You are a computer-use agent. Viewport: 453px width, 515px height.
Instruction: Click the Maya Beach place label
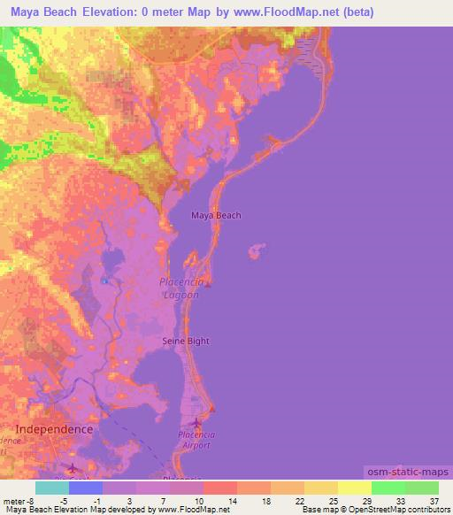point(216,215)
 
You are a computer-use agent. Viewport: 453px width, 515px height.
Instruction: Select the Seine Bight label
point(186,341)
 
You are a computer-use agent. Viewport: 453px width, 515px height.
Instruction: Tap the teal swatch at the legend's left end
point(52,488)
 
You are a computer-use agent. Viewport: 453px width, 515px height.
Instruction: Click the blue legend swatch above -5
point(86,488)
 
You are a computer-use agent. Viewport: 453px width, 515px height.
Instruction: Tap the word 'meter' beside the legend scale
point(13,502)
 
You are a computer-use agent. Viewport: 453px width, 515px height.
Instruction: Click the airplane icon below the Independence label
point(73,466)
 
